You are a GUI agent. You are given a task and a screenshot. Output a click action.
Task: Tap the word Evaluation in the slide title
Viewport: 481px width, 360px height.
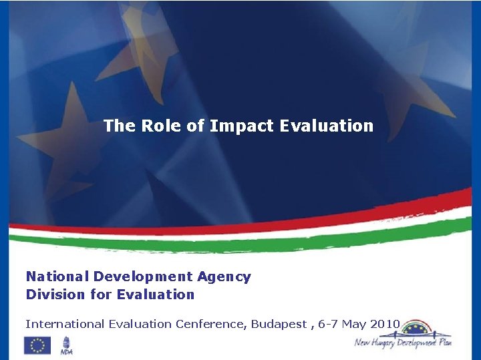pyautogui.click(x=327, y=126)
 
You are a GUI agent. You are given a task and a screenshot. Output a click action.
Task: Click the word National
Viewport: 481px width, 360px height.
pyautogui.click(x=57, y=277)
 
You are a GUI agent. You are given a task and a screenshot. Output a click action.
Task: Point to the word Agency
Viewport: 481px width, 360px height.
pyautogui.click(x=224, y=277)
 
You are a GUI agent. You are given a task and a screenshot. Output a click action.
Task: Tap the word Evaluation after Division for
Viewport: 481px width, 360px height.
pyautogui.click(x=156, y=295)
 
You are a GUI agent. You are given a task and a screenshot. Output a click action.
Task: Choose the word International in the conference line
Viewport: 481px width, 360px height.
pyautogui.click(x=63, y=324)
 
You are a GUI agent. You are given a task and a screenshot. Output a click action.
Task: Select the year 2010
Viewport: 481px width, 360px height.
pyautogui.click(x=383, y=324)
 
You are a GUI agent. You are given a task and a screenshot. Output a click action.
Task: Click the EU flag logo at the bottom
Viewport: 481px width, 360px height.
pyautogui.click(x=37, y=345)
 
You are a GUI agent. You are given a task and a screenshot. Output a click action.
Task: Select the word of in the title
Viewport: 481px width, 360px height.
pyautogui.click(x=196, y=126)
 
